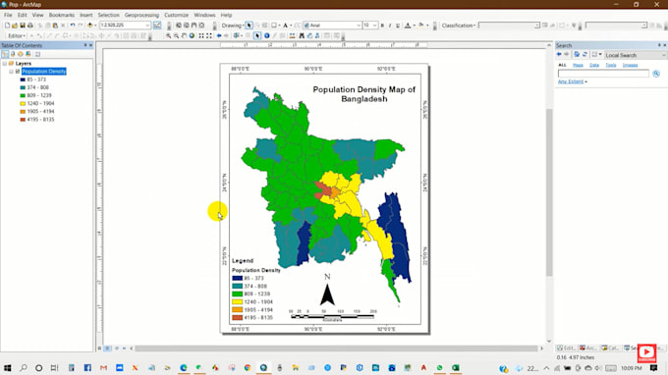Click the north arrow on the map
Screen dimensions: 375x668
pyautogui.click(x=327, y=293)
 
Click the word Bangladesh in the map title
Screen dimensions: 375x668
pyautogui.click(x=364, y=98)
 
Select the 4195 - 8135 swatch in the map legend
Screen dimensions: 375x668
pyautogui.click(x=237, y=317)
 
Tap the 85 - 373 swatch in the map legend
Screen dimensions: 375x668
pyautogui.click(x=237, y=278)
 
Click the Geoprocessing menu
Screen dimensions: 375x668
pyautogui.click(x=141, y=15)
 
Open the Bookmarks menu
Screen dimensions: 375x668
pyautogui.click(x=61, y=15)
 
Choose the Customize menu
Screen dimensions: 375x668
pyautogui.click(x=177, y=15)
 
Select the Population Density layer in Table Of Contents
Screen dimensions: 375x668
pyautogui.click(x=43, y=72)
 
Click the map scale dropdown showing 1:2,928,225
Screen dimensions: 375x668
pyautogui.click(x=125, y=25)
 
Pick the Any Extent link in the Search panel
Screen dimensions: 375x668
pyautogui.click(x=571, y=81)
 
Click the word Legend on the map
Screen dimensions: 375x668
pyautogui.click(x=243, y=260)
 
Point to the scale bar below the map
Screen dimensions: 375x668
pyautogui.click(x=333, y=312)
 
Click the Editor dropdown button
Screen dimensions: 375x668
pyautogui.click(x=17, y=35)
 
